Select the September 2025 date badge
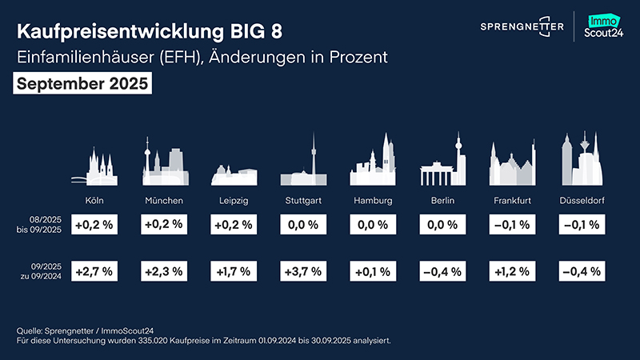[x=82, y=84]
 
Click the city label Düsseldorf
[x=582, y=200]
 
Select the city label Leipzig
[x=233, y=200]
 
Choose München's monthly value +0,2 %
[x=164, y=225]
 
